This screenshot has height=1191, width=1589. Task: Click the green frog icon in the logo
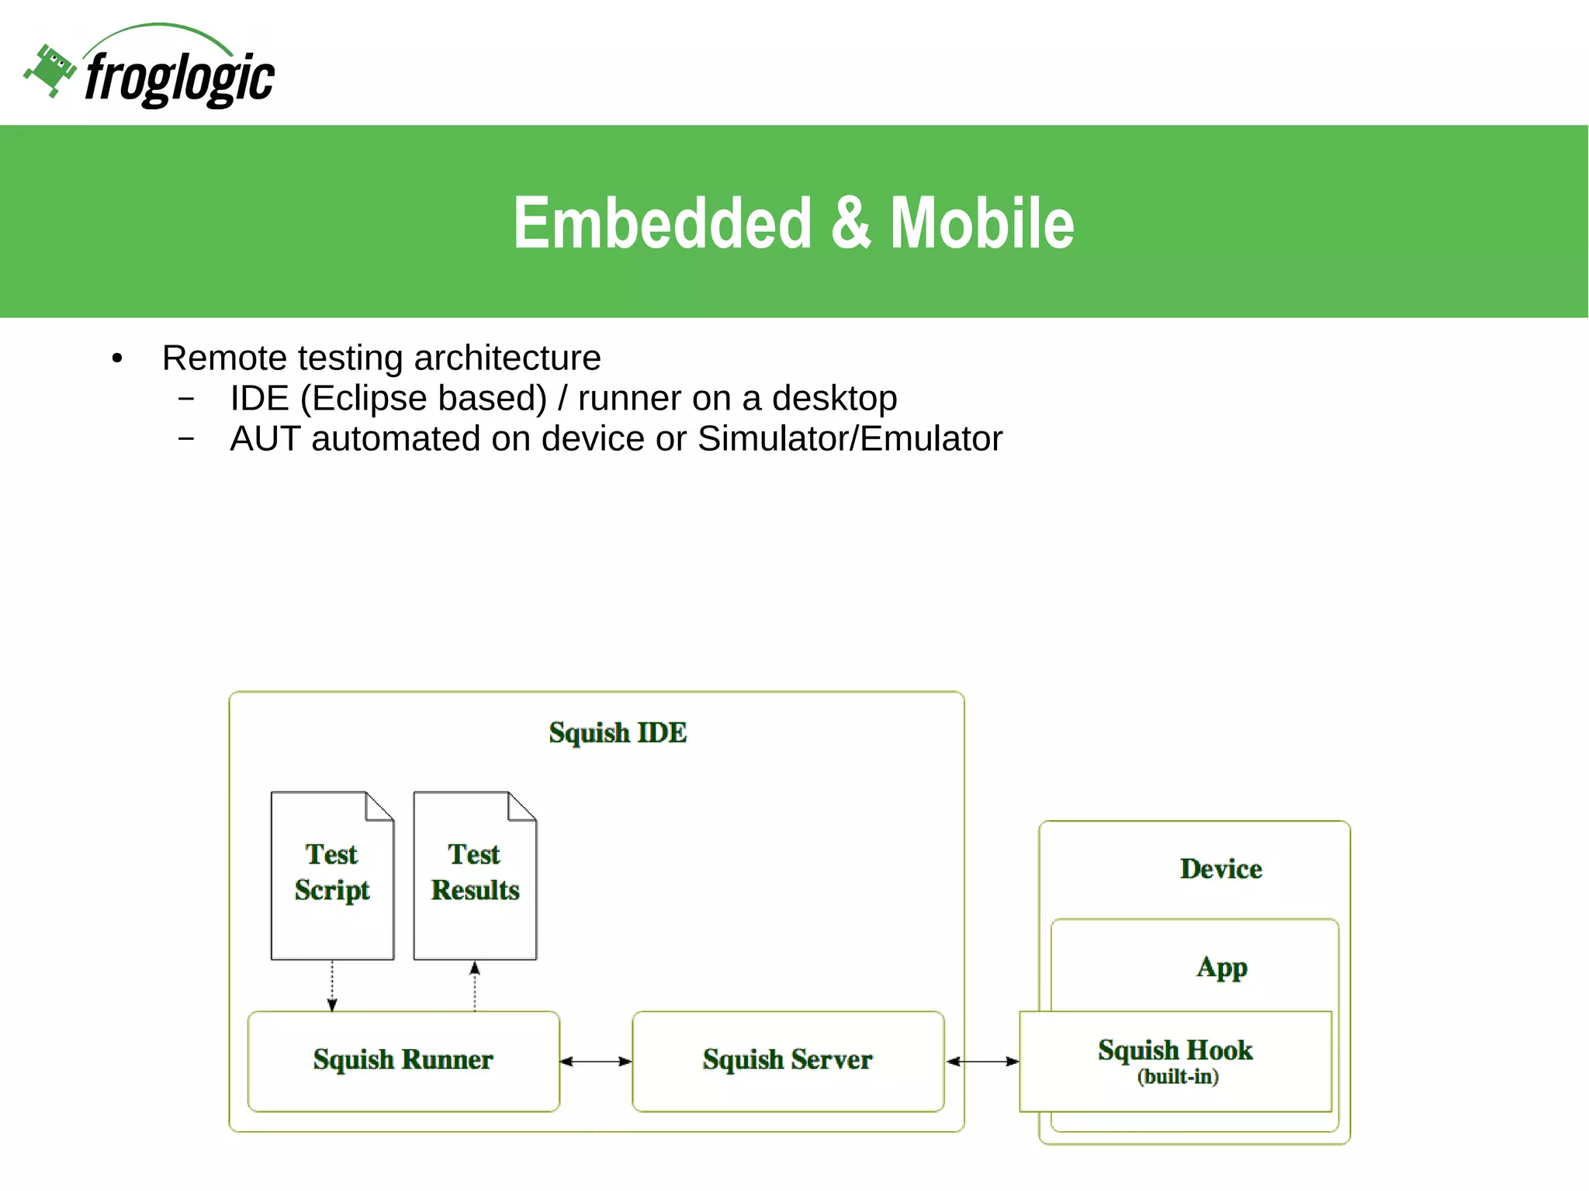[50, 70]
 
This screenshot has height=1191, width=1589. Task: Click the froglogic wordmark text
[179, 78]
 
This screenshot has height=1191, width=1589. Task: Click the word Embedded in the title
[662, 223]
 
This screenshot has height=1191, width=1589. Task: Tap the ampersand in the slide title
[850, 223]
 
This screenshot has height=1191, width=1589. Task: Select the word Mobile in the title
[981, 223]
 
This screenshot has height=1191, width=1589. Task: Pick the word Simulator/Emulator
[850, 439]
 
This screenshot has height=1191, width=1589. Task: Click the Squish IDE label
[618, 732]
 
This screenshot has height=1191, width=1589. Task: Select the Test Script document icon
[332, 875]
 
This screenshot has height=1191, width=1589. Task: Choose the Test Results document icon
[475, 875]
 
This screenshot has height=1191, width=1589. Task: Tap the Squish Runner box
[403, 1060]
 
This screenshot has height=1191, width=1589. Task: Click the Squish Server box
[788, 1060]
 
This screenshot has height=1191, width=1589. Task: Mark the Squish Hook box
[1175, 1060]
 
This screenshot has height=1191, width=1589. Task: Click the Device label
[1220, 869]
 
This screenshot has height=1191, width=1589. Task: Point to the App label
[1221, 968]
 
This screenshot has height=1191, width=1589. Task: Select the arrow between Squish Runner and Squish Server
[596, 1061]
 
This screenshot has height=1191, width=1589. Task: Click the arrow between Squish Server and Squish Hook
[982, 1061]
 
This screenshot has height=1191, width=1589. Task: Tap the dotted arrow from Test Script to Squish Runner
[332, 985]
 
